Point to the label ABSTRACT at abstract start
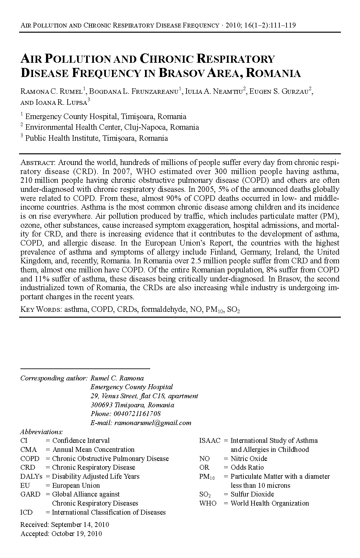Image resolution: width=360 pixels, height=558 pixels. tap(38, 162)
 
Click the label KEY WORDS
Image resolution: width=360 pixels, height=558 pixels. tap(41, 310)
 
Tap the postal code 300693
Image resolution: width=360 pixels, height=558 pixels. tap(101, 405)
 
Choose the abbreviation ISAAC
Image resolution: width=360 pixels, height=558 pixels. tap(209, 441)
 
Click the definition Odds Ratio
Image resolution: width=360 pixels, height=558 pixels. tap(247, 467)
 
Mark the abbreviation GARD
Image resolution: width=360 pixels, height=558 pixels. tap(30, 494)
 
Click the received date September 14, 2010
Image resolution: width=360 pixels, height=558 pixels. tap(80, 525)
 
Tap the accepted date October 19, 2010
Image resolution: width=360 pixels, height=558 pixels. tap(76, 534)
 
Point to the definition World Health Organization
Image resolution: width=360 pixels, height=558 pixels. tap(270, 503)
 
